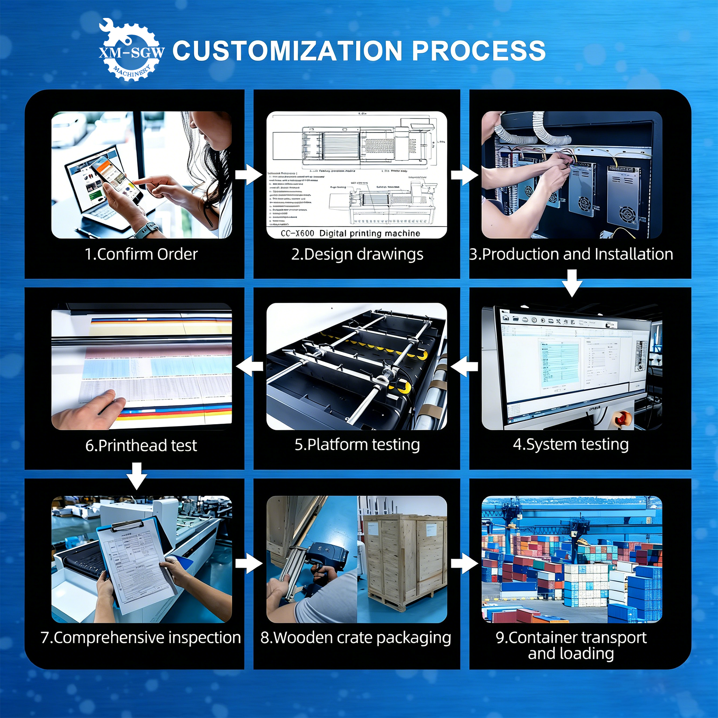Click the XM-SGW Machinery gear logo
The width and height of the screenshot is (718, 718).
point(131,50)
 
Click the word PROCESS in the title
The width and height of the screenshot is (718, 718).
point(478,51)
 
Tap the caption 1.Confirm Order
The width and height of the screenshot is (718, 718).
point(141,254)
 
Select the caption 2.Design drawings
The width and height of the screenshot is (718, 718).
point(357,254)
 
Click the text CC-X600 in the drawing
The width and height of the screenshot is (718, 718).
point(297,233)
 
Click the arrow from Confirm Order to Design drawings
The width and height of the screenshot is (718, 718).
point(249,175)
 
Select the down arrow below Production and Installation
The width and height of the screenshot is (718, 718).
point(572,283)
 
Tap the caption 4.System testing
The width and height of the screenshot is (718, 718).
point(571,444)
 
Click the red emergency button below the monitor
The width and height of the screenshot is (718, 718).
point(620,419)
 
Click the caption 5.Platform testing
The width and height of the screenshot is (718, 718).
point(357,445)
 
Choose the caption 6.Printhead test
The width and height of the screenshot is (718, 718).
point(141,445)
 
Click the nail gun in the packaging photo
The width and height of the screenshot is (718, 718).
point(318,561)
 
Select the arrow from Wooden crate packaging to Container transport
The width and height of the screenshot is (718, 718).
point(464,563)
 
